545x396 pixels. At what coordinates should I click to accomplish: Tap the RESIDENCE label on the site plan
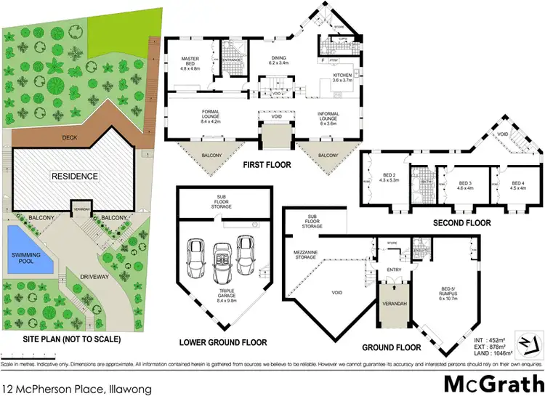pos(76,176)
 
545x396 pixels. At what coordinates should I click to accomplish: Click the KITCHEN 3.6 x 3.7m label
pos(342,78)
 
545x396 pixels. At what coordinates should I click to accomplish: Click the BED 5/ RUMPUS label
pos(445,294)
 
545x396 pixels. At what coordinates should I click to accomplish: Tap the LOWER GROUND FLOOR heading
pos(222,342)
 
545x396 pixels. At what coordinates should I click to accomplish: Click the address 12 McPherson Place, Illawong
pos(76,389)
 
